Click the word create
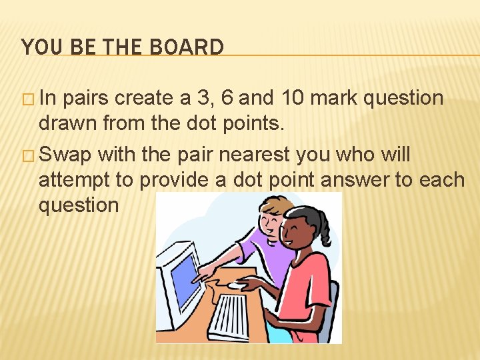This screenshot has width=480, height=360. (x=144, y=98)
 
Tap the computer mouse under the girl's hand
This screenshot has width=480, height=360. (x=237, y=285)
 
